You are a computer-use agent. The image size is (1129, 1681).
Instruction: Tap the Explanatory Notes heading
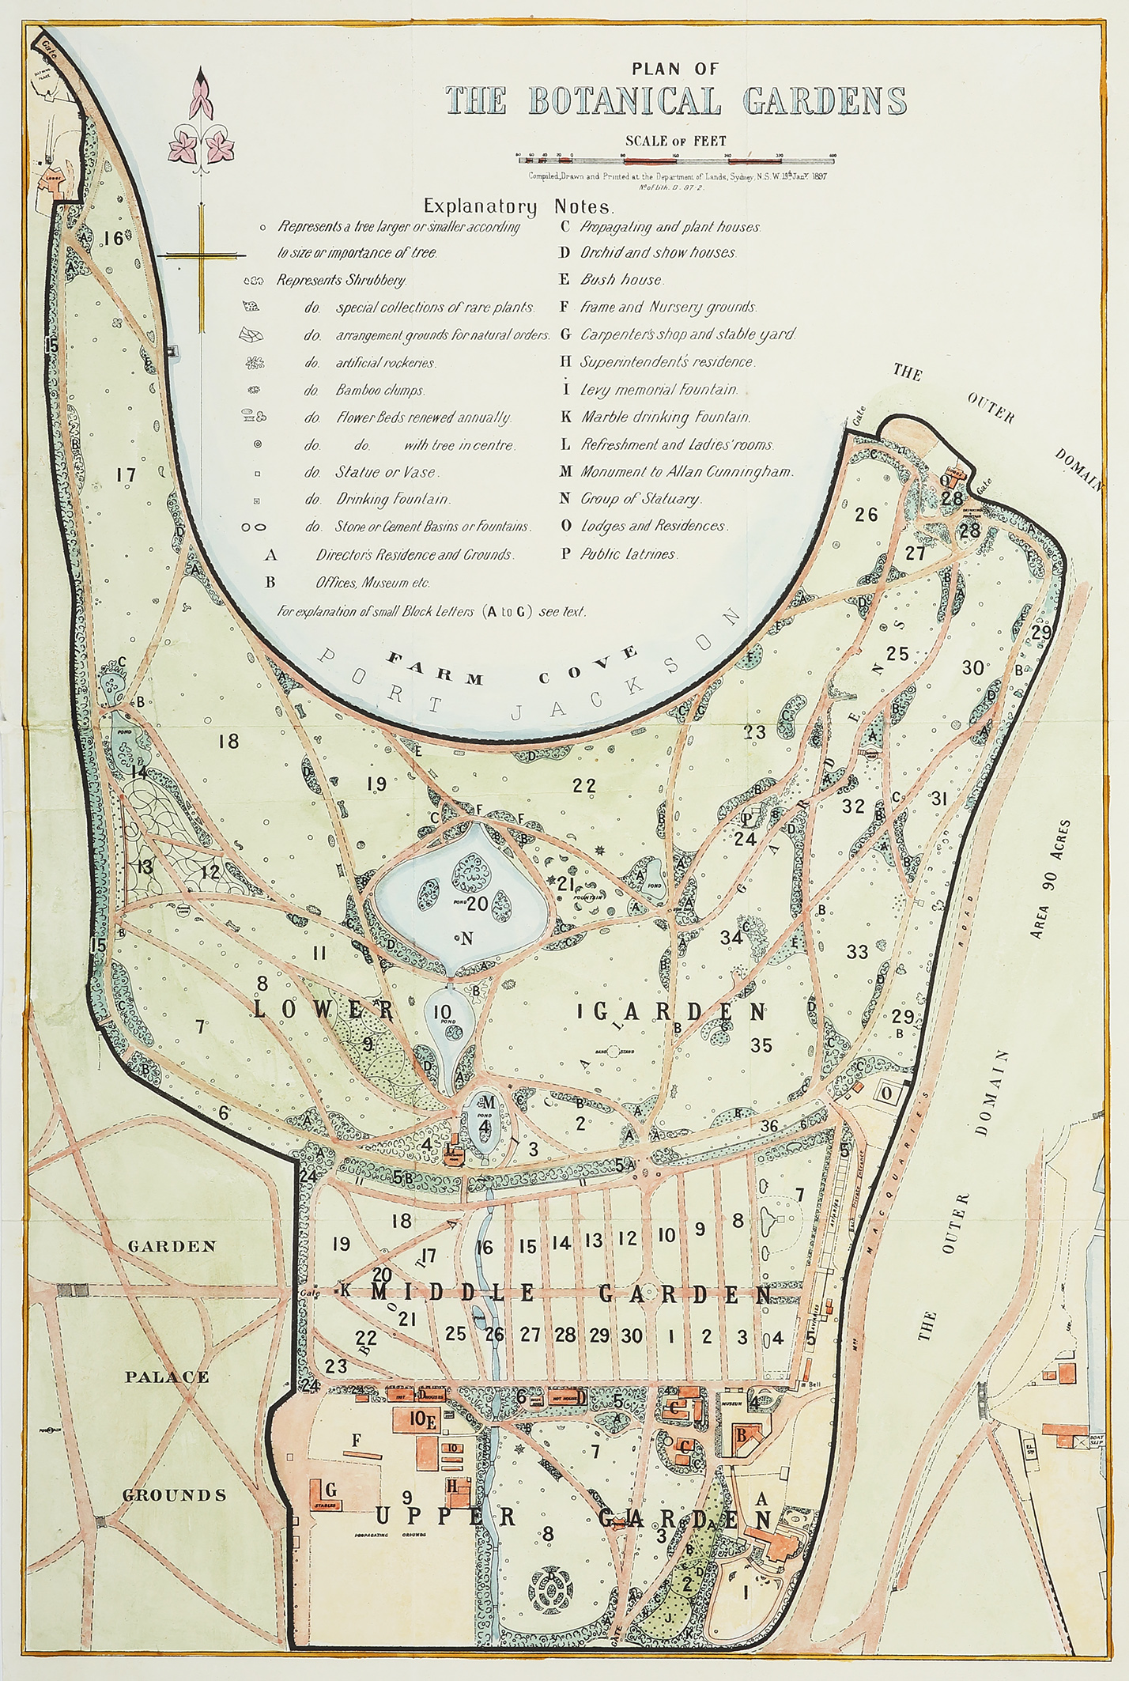coord(519,207)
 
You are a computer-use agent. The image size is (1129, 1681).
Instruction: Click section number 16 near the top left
coord(113,237)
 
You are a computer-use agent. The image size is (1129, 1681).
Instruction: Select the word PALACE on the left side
coord(167,1377)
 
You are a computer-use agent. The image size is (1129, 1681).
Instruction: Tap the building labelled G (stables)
coord(329,1490)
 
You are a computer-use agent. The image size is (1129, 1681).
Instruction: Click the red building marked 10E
coord(418,1419)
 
